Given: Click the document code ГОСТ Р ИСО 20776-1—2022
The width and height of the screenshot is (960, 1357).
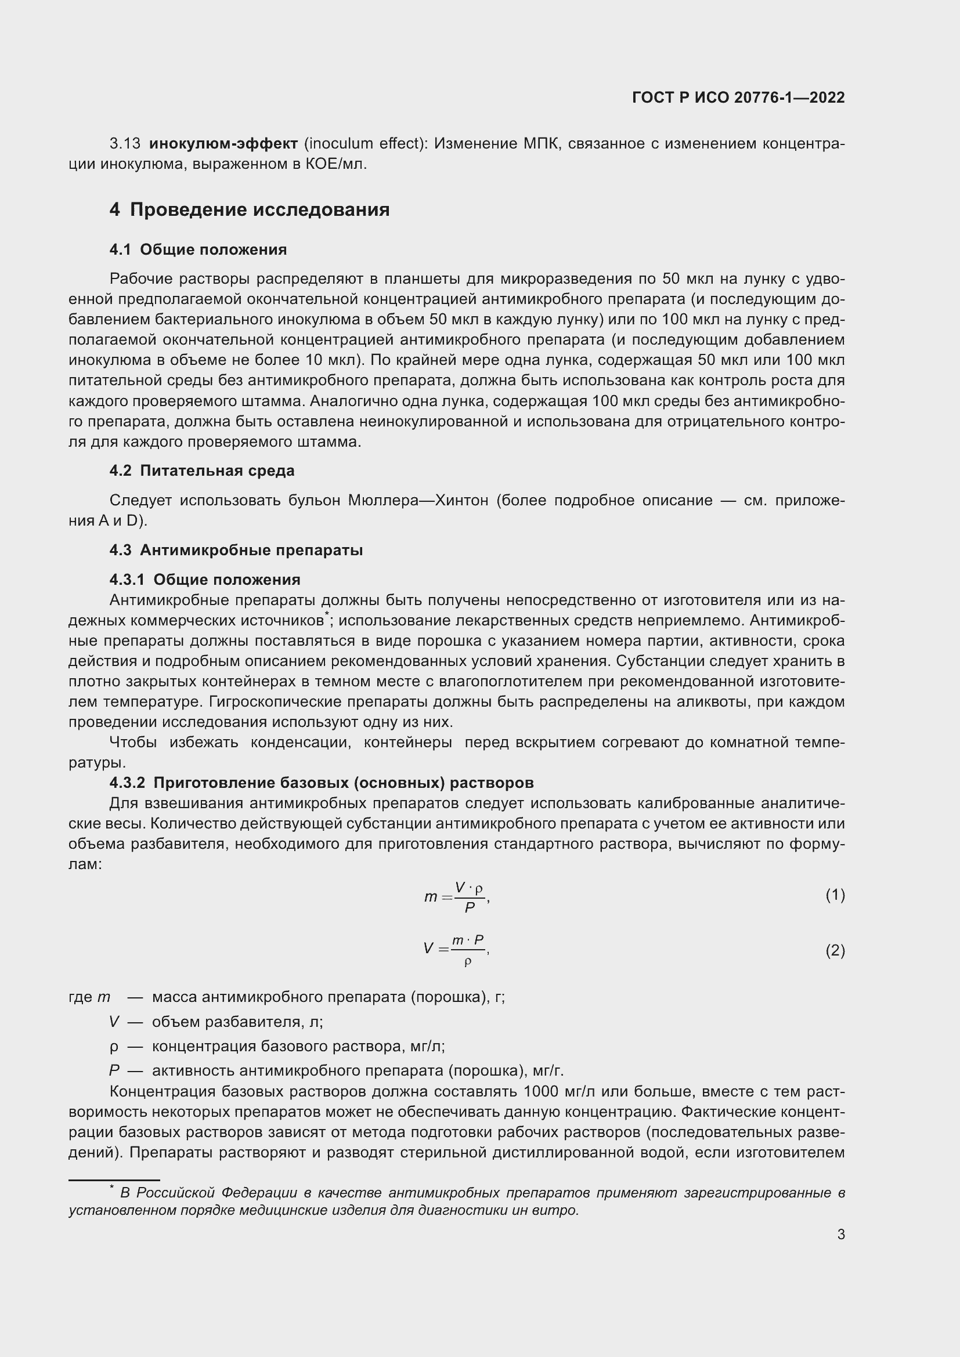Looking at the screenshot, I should tap(738, 97).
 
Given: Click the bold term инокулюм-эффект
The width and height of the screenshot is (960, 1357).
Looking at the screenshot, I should tap(223, 144).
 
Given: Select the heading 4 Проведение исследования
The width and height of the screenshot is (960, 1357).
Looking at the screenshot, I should tap(250, 210).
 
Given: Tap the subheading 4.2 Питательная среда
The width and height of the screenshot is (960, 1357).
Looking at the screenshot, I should tap(201, 471).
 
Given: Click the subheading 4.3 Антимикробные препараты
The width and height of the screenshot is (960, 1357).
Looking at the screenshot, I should tap(236, 550).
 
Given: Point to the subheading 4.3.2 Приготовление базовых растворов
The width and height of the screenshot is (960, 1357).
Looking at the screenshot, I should tap(322, 783).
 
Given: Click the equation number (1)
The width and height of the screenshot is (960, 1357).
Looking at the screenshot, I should tap(835, 895).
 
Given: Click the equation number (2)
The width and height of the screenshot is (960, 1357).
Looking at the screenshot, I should tap(835, 950).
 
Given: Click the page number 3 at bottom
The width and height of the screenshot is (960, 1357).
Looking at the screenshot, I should tap(840, 1234).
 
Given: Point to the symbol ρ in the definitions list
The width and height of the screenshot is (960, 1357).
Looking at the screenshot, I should tap(114, 1047).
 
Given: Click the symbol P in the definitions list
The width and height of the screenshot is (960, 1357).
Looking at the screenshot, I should tap(114, 1071).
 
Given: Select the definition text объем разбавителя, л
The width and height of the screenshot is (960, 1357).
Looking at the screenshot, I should tap(237, 1022).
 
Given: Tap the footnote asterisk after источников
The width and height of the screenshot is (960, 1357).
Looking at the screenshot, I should tap(326, 616).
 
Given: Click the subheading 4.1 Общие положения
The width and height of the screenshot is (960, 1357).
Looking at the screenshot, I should tap(198, 250).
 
